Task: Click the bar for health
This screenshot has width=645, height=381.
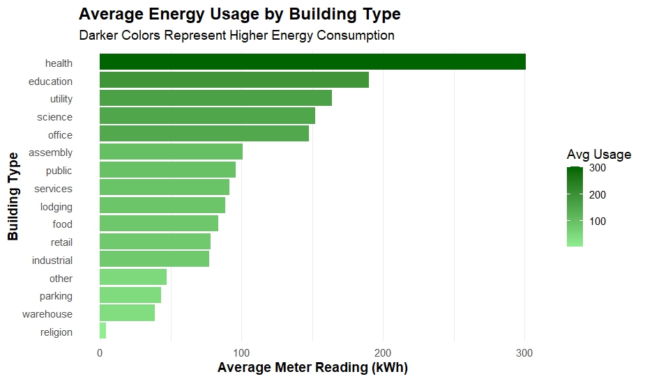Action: [x=312, y=62]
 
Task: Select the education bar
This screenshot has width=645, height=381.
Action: [x=234, y=79]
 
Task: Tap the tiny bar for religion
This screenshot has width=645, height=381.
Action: [x=103, y=330]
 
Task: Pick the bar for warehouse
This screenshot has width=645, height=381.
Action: [x=127, y=313]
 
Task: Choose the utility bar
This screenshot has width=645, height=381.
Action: [x=215, y=98]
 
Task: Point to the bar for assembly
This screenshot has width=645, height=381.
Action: [x=171, y=151]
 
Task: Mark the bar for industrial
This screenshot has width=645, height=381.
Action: [x=154, y=259]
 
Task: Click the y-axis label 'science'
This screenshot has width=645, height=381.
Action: [x=54, y=117]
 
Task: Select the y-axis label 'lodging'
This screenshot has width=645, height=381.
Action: [x=56, y=207]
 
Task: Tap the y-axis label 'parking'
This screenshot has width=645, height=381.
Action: [x=56, y=296]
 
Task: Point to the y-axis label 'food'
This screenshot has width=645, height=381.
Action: [x=63, y=224]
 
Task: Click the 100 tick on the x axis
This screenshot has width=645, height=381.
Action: [x=241, y=353]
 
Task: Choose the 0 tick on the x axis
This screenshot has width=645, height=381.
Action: [x=100, y=353]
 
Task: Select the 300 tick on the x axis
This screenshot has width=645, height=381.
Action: [x=524, y=353]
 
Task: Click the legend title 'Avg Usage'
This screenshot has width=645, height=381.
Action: [x=599, y=155]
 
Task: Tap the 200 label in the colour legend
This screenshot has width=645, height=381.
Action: [x=598, y=195]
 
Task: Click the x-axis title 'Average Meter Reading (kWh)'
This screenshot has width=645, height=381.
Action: [x=312, y=368]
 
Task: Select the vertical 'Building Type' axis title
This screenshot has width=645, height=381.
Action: [x=13, y=196]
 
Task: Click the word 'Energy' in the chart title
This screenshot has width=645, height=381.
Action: [x=175, y=15]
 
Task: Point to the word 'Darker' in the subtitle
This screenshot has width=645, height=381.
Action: [x=98, y=36]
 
